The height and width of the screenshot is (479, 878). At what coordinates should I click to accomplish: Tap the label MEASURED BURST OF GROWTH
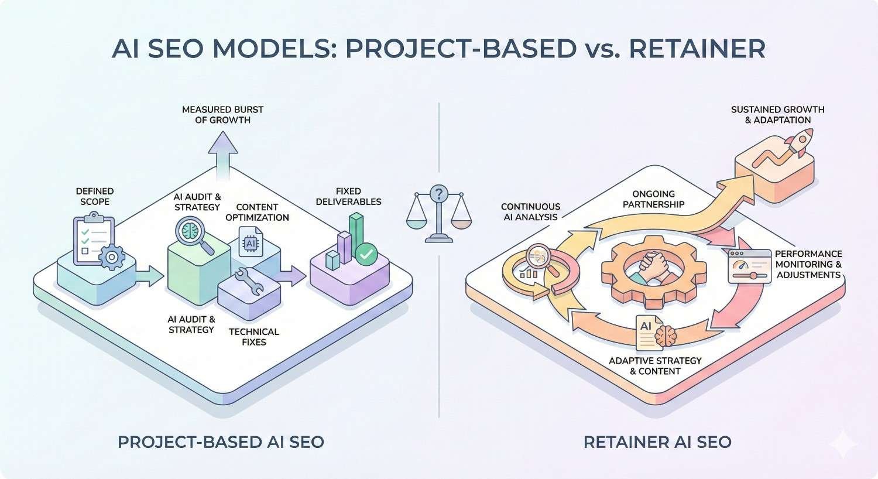(x=222, y=115)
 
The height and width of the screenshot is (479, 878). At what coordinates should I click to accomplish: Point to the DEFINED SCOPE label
(x=95, y=196)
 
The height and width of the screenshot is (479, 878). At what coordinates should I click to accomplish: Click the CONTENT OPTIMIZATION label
(x=262, y=212)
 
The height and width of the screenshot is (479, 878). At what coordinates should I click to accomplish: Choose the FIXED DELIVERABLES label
(x=348, y=196)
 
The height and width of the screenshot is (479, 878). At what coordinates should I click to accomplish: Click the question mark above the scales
(x=438, y=193)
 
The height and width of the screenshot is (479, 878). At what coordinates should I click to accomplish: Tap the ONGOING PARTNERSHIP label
(x=653, y=199)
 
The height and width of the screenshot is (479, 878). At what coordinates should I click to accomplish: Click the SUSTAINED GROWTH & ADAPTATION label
(x=777, y=115)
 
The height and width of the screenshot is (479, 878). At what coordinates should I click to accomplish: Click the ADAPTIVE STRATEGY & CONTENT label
(x=655, y=365)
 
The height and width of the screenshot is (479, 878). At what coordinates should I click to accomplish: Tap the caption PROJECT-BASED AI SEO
(x=221, y=442)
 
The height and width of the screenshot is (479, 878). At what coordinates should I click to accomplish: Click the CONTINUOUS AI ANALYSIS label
(x=530, y=211)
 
